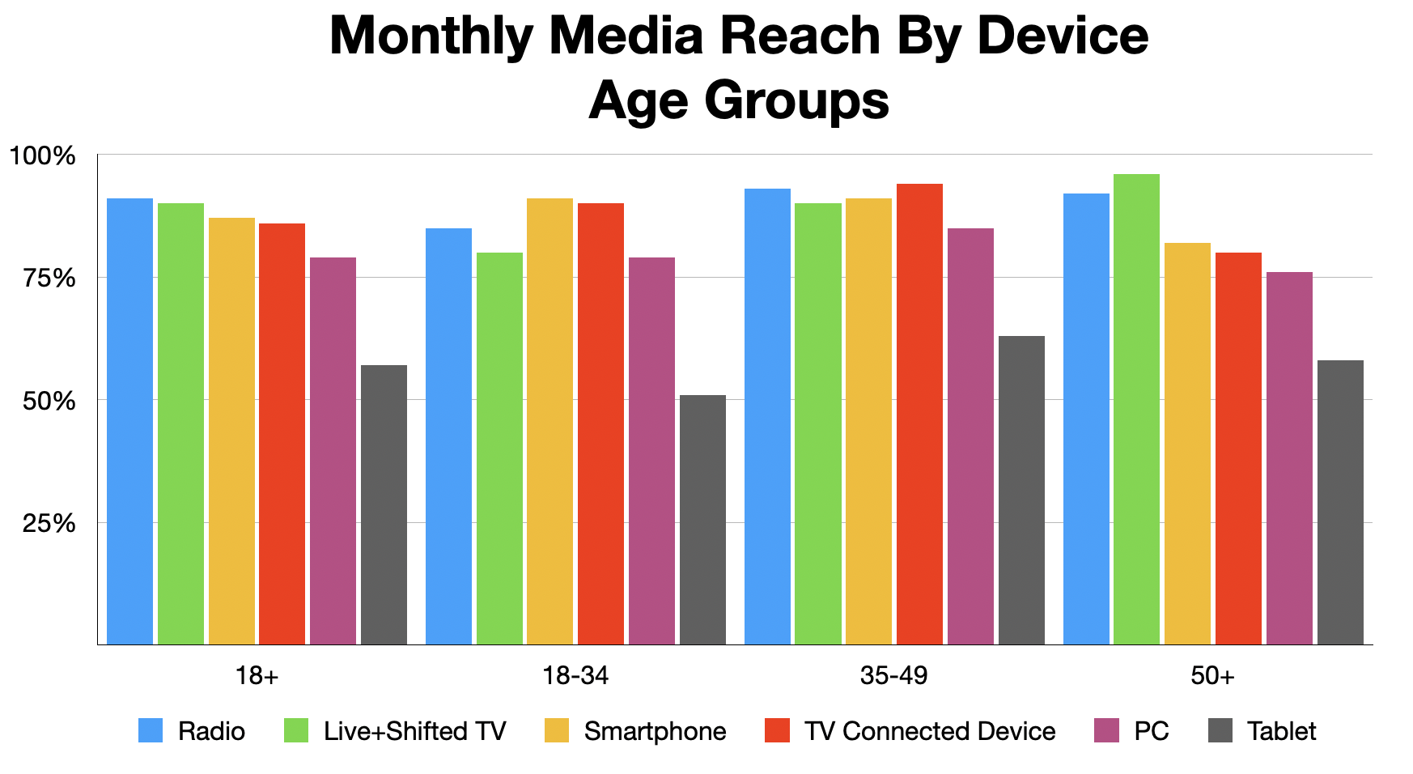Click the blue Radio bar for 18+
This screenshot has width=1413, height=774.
[129, 421]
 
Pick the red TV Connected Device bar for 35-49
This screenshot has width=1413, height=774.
[919, 414]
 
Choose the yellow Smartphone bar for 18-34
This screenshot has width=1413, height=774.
[549, 421]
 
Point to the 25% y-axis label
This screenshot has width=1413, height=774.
[49, 524]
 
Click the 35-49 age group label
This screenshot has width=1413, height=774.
[893, 676]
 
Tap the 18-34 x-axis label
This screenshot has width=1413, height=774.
[575, 676]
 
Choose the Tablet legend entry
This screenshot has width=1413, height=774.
[1281, 731]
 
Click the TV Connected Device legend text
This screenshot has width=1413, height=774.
[930, 731]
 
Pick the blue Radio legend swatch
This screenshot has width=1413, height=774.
[151, 731]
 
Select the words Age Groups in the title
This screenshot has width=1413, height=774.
[738, 101]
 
